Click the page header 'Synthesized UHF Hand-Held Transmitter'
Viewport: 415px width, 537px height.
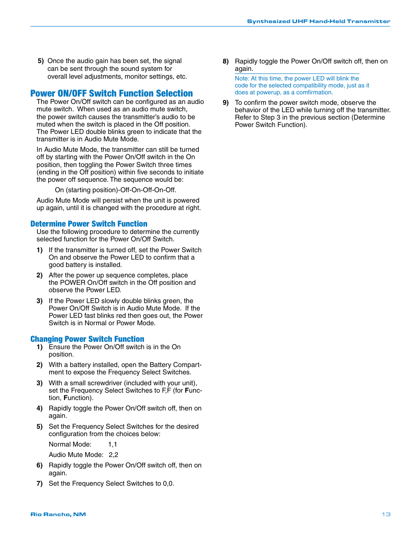tap(318, 21)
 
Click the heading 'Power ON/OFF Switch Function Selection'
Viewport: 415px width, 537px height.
tap(111, 93)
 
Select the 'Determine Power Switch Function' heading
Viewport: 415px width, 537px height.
tap(89, 224)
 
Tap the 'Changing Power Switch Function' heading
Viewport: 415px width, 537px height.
tap(87, 339)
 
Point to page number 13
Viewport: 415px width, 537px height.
tap(386, 514)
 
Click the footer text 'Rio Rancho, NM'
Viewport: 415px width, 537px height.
tap(58, 514)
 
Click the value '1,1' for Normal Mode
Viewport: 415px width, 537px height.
tap(113, 444)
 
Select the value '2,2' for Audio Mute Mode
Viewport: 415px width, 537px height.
tap(114, 455)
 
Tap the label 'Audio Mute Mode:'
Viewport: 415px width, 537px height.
tap(76, 455)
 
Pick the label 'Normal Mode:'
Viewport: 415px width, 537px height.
tap(70, 444)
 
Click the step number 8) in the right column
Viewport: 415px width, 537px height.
tap(226, 61)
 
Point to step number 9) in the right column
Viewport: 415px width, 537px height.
tap(226, 103)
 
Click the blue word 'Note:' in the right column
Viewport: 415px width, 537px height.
tap(242, 79)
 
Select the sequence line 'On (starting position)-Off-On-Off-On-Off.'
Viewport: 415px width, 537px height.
tap(115, 190)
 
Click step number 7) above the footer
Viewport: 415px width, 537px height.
tap(40, 484)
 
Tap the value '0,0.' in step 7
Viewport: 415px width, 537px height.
tap(168, 484)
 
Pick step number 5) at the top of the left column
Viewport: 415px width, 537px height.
tap(41, 61)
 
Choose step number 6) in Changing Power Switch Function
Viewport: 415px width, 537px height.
tap(40, 465)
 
